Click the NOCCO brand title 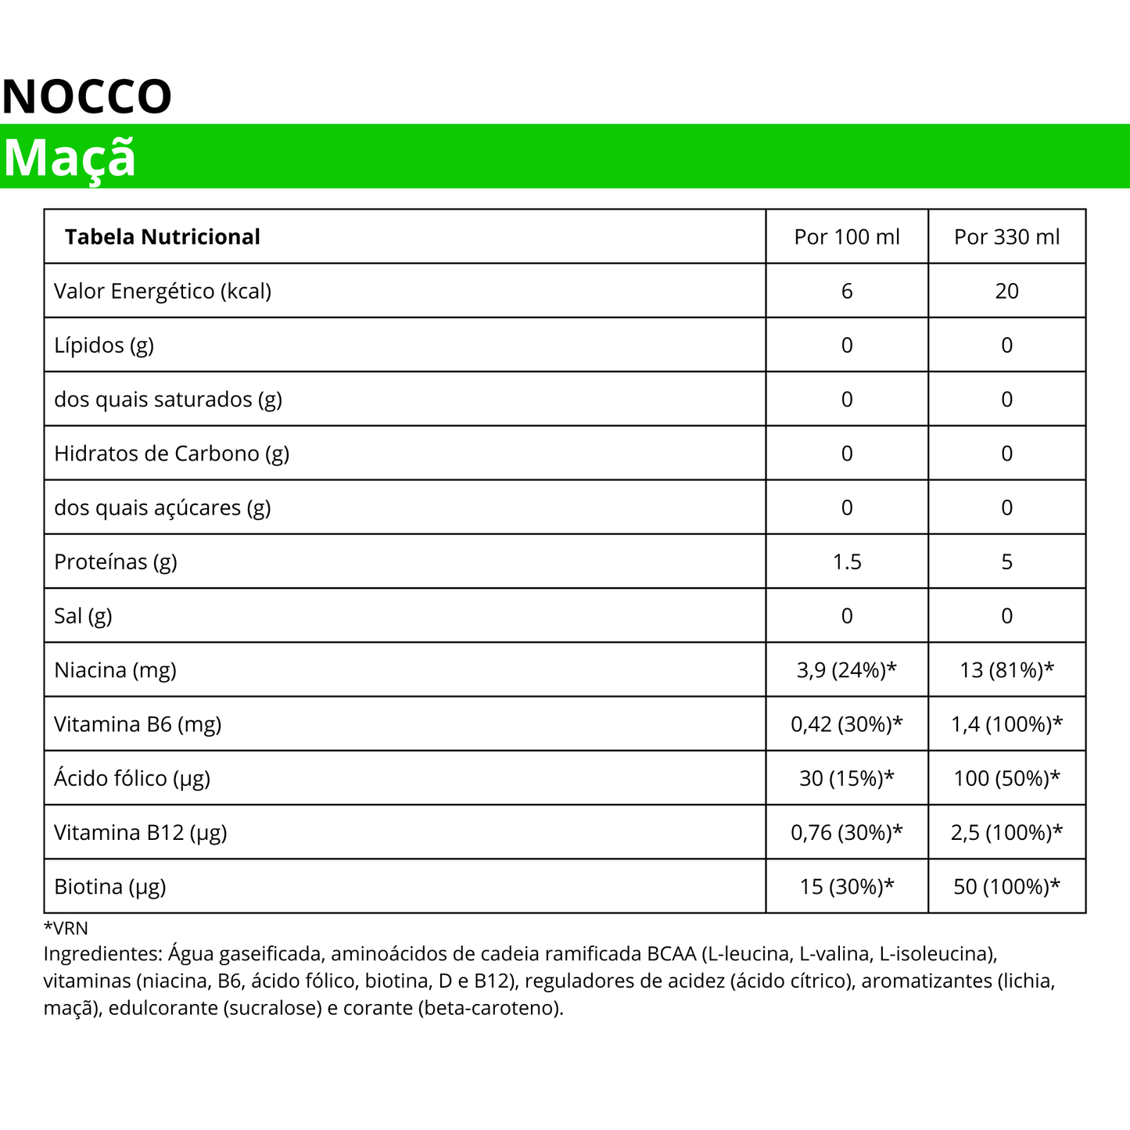(87, 97)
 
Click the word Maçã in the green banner (70, 158)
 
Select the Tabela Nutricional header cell (162, 237)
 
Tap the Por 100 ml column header (847, 237)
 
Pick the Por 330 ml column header (1006, 237)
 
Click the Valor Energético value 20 (1006, 291)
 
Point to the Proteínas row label (116, 561)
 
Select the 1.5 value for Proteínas (847, 561)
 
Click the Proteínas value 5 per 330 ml (1006, 561)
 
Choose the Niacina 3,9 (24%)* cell (847, 670)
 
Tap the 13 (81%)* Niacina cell (1006, 670)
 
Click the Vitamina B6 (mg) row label (138, 724)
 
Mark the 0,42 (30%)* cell (847, 724)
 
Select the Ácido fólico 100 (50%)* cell (1006, 778)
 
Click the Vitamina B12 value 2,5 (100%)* (1006, 832)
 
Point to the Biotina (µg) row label (110, 887)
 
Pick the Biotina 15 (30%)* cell (847, 887)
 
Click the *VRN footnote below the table (66, 928)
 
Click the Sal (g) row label (83, 616)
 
